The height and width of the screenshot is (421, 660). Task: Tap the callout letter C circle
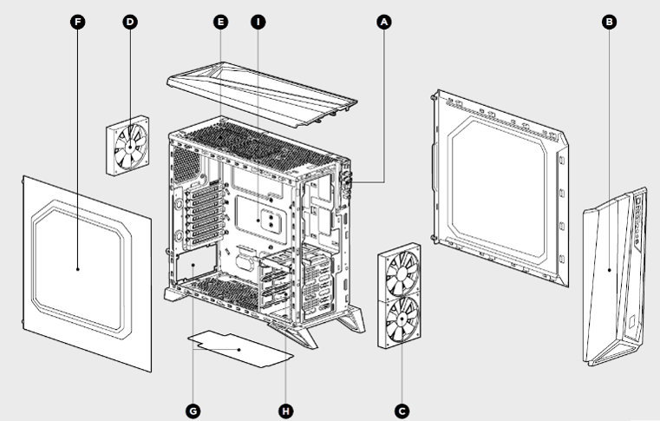pos(401,407)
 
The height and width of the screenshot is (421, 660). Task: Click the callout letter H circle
pos(284,407)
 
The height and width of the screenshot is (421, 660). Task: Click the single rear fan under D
pos(128,146)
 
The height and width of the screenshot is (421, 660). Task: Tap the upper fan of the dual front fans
pos(400,272)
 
